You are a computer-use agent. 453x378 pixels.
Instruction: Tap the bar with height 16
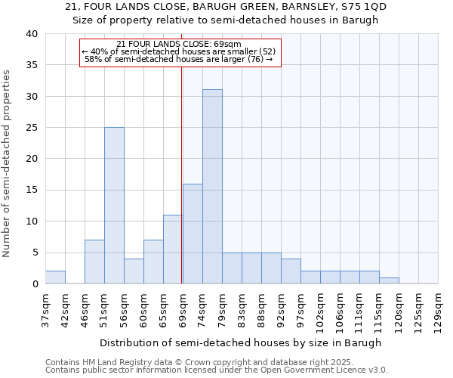(193, 234)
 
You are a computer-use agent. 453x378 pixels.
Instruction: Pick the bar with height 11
(173, 249)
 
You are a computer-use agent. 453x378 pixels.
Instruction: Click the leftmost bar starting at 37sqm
(55, 277)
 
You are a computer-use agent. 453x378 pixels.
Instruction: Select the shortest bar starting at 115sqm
(389, 280)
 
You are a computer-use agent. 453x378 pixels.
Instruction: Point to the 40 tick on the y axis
(31, 34)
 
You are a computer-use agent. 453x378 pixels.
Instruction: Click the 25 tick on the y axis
(31, 128)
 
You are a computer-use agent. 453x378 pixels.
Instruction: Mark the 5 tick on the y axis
(34, 253)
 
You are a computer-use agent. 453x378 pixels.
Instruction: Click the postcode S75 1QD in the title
(362, 7)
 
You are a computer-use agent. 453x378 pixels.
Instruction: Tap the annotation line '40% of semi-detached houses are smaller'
(180, 51)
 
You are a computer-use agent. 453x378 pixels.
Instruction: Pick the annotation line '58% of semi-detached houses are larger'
(180, 59)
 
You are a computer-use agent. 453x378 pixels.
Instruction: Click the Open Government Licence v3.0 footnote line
(217, 370)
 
